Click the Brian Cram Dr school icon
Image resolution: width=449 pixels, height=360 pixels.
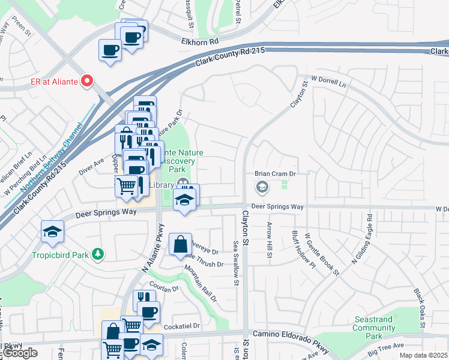point(262,188)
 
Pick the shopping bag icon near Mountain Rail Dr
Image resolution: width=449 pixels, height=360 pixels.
point(180,245)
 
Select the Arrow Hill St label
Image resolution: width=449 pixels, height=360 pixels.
point(269,240)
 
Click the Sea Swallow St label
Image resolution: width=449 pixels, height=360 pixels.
point(236,263)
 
